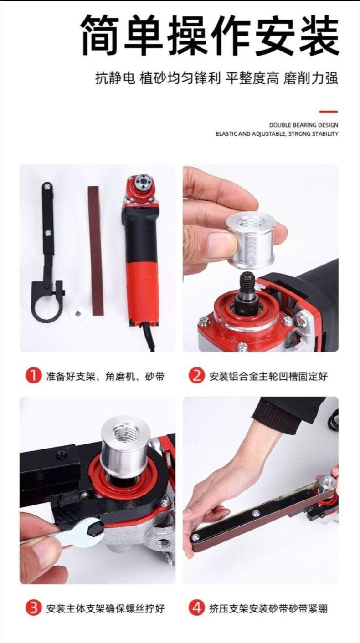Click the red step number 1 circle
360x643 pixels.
[34, 376]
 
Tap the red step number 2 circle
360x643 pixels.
[196, 376]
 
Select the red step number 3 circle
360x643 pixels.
[34, 608]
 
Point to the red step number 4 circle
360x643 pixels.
[196, 608]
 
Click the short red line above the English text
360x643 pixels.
[329, 112]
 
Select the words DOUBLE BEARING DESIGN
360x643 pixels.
[303, 125]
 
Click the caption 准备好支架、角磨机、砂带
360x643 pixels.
[105, 376]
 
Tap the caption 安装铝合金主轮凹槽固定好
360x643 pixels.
[268, 376]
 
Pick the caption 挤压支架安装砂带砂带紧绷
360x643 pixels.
[268, 608]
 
